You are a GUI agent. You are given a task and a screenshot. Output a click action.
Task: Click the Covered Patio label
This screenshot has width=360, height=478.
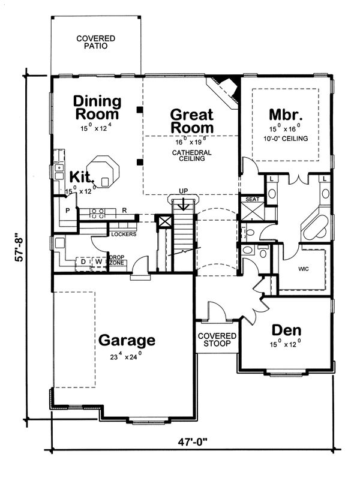pyautogui.click(x=96, y=41)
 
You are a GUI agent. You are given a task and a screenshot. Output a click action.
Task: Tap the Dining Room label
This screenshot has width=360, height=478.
pyautogui.click(x=97, y=107)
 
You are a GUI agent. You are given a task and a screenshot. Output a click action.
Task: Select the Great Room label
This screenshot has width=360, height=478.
pyautogui.click(x=192, y=120)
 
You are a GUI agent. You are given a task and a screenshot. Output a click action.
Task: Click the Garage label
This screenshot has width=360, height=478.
pyautogui.click(x=127, y=340)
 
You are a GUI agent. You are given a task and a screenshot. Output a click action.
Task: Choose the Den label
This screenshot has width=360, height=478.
pyautogui.click(x=286, y=330)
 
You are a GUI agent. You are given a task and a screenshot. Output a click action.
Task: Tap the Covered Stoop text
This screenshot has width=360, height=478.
pyautogui.click(x=217, y=340)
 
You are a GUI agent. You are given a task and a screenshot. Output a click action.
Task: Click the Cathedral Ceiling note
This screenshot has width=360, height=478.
pyautogui.click(x=192, y=157)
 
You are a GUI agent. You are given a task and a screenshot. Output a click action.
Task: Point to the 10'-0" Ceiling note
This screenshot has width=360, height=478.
pyautogui.click(x=286, y=139)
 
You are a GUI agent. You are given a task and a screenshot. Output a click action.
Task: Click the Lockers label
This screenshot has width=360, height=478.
pyautogui.click(x=124, y=233)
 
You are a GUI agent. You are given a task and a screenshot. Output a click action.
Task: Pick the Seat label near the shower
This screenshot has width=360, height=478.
pyautogui.click(x=251, y=199)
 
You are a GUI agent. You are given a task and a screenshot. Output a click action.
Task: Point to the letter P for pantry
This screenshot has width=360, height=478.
pyautogui.click(x=68, y=211)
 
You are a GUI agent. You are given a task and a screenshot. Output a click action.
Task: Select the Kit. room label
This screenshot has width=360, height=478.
pyautogui.click(x=82, y=176)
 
